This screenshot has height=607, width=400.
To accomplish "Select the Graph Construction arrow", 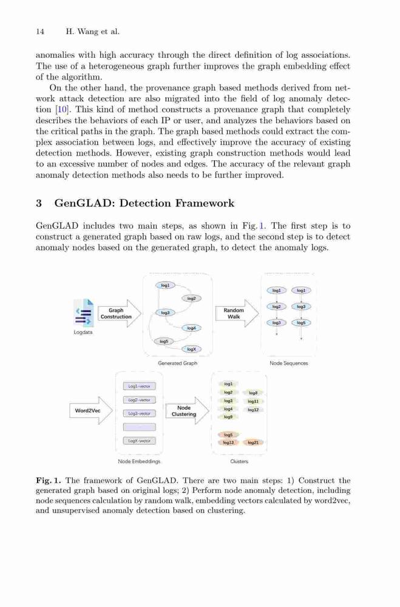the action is tap(119, 313).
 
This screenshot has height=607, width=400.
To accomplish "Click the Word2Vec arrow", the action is tap(91, 410).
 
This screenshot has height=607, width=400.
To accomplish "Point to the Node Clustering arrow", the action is tap(188, 411).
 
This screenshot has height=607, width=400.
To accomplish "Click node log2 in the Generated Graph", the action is tap(192, 299).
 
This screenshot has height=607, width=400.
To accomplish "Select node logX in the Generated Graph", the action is tap(192, 349).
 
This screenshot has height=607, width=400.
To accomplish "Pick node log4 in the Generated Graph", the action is tap(192, 328).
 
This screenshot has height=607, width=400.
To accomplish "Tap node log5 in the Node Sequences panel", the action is tap(301, 322).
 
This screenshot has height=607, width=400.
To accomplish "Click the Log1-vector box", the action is tap(140, 386).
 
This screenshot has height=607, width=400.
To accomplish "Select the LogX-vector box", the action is tap(140, 441).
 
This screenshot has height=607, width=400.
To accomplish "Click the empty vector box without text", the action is tap(140, 427).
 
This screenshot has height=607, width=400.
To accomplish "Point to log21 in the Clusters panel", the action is tap(253, 443).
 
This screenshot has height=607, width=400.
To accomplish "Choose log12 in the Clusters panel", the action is tap(253, 410).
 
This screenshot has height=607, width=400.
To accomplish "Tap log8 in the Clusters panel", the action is tap(253, 393).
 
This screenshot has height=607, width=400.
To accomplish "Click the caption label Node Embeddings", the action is tap(139, 461).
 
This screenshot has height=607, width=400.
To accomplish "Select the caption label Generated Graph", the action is tap(178, 363).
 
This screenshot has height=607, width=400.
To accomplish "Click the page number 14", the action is tap(40, 32).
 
